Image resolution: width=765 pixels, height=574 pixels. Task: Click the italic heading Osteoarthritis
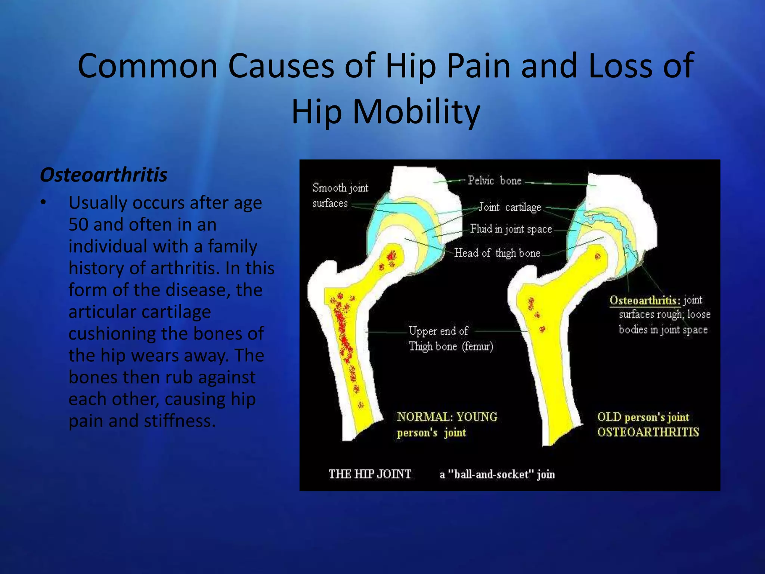pyautogui.click(x=103, y=175)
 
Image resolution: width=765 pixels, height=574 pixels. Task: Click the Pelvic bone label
pyautogui.click(x=495, y=181)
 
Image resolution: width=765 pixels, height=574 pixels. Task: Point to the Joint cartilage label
pyautogui.click(x=510, y=207)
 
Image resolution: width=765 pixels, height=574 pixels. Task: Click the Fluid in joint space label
pyautogui.click(x=511, y=229)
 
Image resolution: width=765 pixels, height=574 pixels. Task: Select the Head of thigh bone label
pyautogui.click(x=497, y=253)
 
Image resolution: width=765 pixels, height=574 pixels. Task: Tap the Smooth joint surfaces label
pyautogui.click(x=340, y=195)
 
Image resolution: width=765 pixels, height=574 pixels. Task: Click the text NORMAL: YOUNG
pyautogui.click(x=447, y=417)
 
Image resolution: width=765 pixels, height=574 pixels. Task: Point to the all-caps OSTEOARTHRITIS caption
pyautogui.click(x=648, y=432)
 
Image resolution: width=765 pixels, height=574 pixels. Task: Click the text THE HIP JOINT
pyautogui.click(x=369, y=474)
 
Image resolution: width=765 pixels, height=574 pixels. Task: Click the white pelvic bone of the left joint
pyautogui.click(x=422, y=183)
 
